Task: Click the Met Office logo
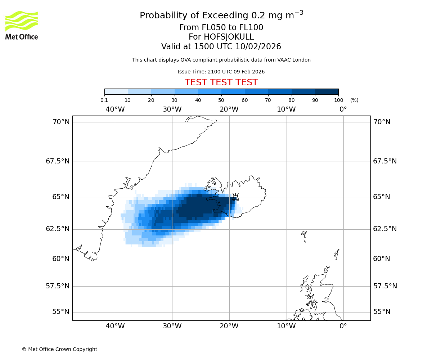pyautogui.click(x=22, y=25)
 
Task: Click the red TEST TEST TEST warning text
pyautogui.click(x=221, y=82)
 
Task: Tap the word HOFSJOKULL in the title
pyautogui.click(x=221, y=37)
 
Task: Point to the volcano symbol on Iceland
pyautogui.click(x=235, y=197)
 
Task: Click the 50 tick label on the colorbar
pyautogui.click(x=221, y=100)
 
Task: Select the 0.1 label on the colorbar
pyautogui.click(x=104, y=100)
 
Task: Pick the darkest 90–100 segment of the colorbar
pyautogui.click(x=327, y=91)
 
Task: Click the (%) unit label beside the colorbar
pyautogui.click(x=354, y=100)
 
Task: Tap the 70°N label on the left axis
pyautogui.click(x=61, y=122)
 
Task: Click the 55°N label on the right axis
pyautogui.click(x=382, y=312)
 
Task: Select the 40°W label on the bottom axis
pyautogui.click(x=115, y=326)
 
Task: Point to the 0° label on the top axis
pyautogui.click(x=343, y=109)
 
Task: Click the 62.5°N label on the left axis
pyautogui.click(x=58, y=229)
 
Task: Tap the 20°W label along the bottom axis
pyautogui.click(x=229, y=326)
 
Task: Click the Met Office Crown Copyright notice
pyautogui.click(x=59, y=349)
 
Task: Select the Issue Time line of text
pyautogui.click(x=221, y=72)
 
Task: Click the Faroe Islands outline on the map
pyautogui.click(x=305, y=235)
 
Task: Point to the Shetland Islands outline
pyautogui.click(x=337, y=254)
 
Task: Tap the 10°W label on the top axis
pyautogui.click(x=286, y=109)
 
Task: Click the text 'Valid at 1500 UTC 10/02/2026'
pyautogui.click(x=221, y=46)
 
